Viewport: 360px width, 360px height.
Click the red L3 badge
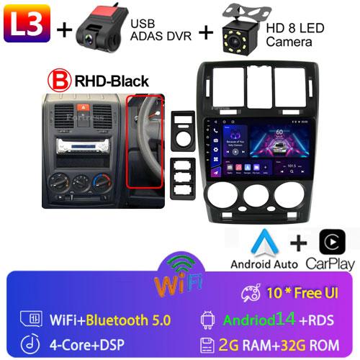click(28, 28)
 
